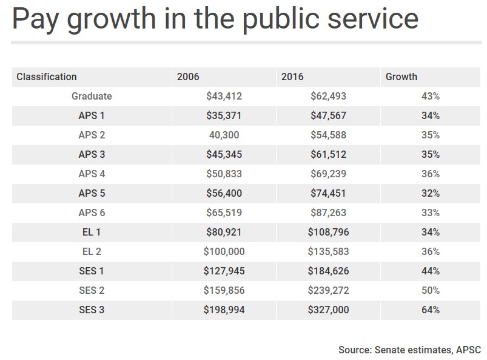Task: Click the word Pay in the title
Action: coord(38,19)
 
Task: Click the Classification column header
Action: coord(47,76)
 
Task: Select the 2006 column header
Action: coord(188,76)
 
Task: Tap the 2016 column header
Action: coord(292,76)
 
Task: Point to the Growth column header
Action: coord(401,76)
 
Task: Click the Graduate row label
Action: coord(92,96)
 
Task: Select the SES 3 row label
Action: coord(92,310)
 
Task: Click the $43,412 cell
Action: coord(224,96)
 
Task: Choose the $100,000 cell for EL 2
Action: coord(222,251)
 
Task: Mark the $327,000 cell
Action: coord(329,310)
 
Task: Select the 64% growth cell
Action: coord(431,310)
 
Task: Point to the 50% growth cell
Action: coord(431,290)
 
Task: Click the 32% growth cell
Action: coord(431,193)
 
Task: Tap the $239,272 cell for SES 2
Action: coord(329,290)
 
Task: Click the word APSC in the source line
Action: coord(468,350)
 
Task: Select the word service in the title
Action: coord(378,19)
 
